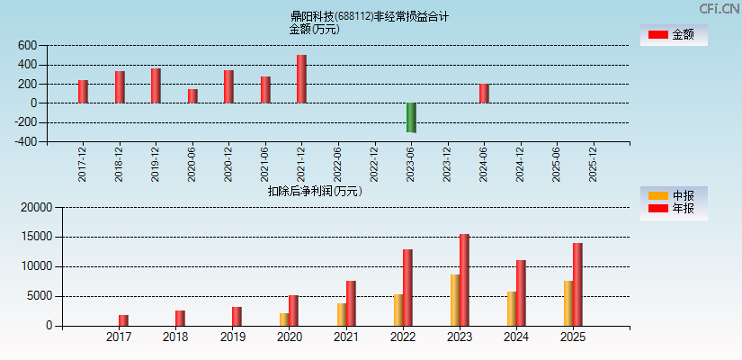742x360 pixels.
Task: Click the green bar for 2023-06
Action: click(x=411, y=118)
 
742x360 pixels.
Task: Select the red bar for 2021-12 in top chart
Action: click(x=301, y=79)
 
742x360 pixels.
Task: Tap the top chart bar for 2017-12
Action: click(x=83, y=92)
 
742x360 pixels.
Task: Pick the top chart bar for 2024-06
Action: click(x=484, y=94)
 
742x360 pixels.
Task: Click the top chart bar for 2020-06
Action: click(x=192, y=96)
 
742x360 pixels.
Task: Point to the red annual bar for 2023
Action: click(x=464, y=280)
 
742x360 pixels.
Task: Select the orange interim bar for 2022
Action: click(x=398, y=310)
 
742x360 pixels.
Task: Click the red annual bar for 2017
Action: click(x=123, y=320)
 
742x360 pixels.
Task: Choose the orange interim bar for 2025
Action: click(x=568, y=303)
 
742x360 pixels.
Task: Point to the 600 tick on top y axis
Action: click(x=27, y=46)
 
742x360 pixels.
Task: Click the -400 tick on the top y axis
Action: click(x=25, y=141)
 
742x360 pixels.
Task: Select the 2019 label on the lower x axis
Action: click(x=232, y=337)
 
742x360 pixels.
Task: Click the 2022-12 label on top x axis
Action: click(x=374, y=165)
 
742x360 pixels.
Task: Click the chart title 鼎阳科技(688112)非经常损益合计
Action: click(x=370, y=16)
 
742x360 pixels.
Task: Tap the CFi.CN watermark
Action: click(x=720, y=8)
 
